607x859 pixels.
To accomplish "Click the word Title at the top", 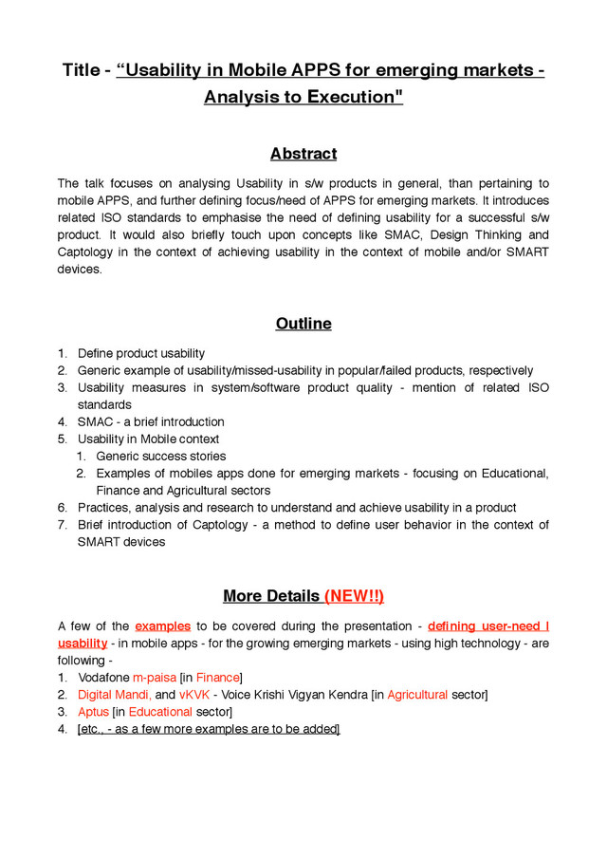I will pos(82,70).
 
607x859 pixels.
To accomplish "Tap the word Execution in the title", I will pos(352,97).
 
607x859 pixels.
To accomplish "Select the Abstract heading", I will pos(303,154).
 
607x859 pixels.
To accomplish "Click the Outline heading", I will pos(303,324).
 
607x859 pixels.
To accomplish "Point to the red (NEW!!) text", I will pos(354,596).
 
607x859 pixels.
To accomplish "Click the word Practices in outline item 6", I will pos(103,508).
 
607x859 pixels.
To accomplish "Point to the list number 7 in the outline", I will pos(62,525).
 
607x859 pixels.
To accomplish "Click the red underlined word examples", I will pos(163,626).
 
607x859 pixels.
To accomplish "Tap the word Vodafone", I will pos(103,678).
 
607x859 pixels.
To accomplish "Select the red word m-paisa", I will pos(155,678).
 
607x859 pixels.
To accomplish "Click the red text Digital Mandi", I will pos(113,695).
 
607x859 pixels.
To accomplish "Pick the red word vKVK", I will pos(194,695).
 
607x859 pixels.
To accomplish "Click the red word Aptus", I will pos(93,712).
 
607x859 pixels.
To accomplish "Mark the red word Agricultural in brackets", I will pos(417,695).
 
